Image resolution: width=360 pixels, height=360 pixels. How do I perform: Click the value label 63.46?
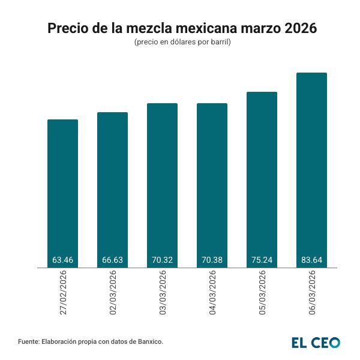click(x=62, y=260)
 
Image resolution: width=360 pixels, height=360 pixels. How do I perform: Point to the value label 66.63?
click(x=112, y=260)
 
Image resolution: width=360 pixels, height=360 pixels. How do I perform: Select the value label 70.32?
click(x=162, y=260)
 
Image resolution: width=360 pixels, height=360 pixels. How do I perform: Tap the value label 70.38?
click(x=212, y=260)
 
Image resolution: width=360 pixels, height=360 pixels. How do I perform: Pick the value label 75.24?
click(x=262, y=260)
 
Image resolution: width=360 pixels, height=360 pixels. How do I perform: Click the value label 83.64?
click(x=311, y=260)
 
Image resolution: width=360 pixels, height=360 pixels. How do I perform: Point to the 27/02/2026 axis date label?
click(x=63, y=292)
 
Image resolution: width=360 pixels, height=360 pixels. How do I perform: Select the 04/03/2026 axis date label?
click(x=212, y=292)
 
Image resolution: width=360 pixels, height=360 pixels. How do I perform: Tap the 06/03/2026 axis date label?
click(x=312, y=292)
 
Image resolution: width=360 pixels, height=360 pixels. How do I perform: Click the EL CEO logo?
click(x=316, y=342)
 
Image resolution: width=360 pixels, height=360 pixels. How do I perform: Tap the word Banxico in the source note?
click(x=148, y=341)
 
